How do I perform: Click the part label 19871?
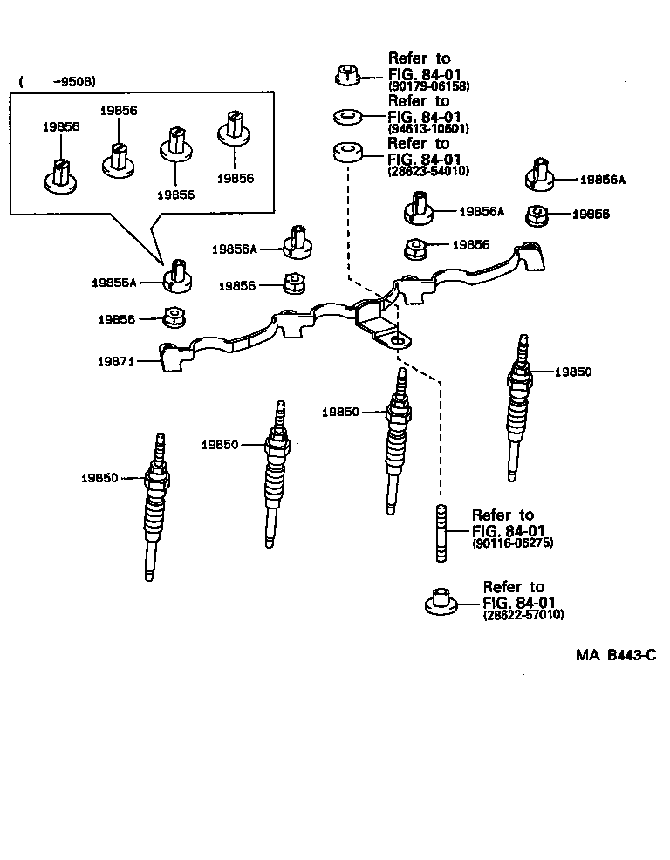click(115, 360)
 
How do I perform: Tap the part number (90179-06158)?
click(428, 87)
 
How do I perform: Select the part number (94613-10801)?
click(428, 129)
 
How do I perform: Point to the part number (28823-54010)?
click(428, 171)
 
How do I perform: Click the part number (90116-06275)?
click(512, 543)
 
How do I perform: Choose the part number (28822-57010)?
click(523, 615)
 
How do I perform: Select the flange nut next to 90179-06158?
click(346, 75)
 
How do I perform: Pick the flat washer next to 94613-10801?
click(347, 115)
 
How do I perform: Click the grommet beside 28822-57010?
click(442, 602)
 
